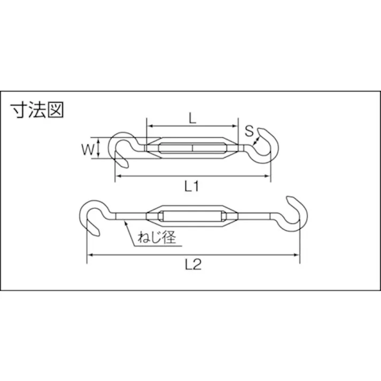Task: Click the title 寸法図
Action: (37, 110)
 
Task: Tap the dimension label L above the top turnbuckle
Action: (192, 118)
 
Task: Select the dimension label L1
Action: (192, 186)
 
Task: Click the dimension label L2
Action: (193, 265)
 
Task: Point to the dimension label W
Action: (87, 149)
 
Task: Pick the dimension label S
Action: (249, 131)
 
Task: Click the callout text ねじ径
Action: (157, 237)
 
